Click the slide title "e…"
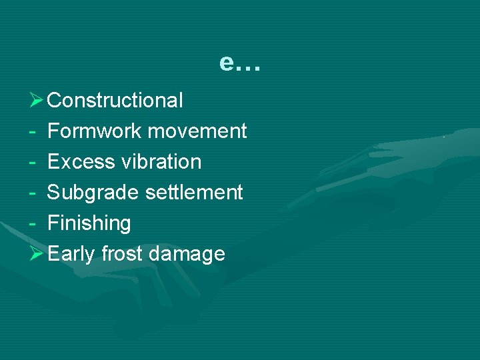pyautogui.click(x=241, y=63)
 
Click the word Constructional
pyautogui.click(x=115, y=101)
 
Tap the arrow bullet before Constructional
pyautogui.click(x=37, y=101)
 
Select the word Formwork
pyautogui.click(x=95, y=131)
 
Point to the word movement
pyautogui.click(x=197, y=131)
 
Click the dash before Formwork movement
pyautogui.click(x=33, y=132)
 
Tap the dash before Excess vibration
pyautogui.click(x=33, y=163)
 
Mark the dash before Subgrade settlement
pyautogui.click(x=33, y=193)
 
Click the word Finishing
pyautogui.click(x=89, y=223)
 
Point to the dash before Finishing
pyautogui.click(x=33, y=224)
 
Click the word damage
pyautogui.click(x=187, y=255)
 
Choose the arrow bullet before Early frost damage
pyautogui.click(x=37, y=254)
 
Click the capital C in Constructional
pyautogui.click(x=55, y=101)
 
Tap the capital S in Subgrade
pyautogui.click(x=54, y=193)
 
